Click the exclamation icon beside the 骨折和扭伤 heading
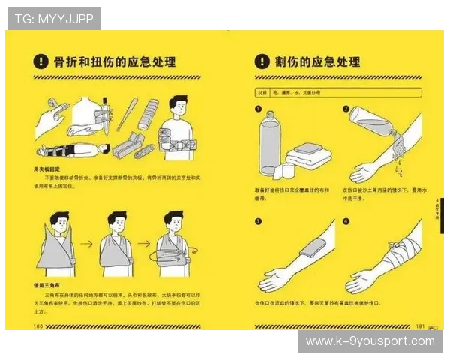[x=42, y=61]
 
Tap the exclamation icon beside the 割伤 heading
[x=262, y=61]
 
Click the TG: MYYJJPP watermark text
[x=54, y=18]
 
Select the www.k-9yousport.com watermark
[x=370, y=341]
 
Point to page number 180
[x=37, y=326]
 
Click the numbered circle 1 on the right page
[x=259, y=109]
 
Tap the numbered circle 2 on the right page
[x=346, y=109]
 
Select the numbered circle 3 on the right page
[x=259, y=221]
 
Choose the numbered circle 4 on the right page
[x=346, y=221]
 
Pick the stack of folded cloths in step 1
[x=308, y=155]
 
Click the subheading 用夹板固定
[x=48, y=169]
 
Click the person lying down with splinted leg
[x=71, y=148]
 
